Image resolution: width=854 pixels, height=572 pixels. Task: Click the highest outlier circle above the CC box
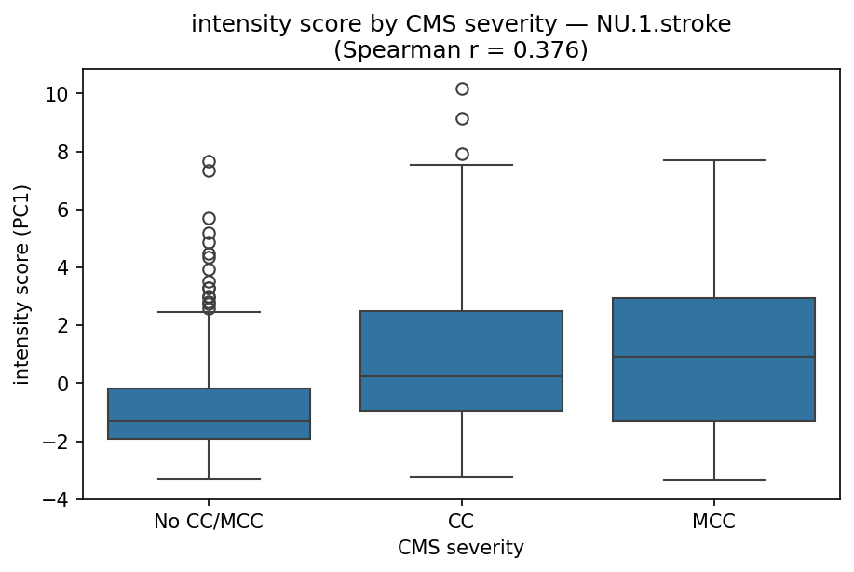462,89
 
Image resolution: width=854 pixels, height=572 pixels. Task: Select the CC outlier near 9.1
462,118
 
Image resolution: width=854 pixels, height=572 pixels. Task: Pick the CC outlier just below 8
462,154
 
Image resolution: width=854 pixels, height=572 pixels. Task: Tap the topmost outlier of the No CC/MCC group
209,162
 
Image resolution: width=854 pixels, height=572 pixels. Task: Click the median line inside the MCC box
713,357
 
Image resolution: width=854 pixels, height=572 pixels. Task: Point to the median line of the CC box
462,376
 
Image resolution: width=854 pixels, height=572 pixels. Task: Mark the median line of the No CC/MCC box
209,421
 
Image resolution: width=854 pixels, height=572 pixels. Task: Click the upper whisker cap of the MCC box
713,160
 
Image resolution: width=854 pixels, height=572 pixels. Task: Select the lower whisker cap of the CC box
462,477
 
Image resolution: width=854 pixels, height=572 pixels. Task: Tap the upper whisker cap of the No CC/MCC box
209,312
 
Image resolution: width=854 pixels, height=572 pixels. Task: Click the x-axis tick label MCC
713,522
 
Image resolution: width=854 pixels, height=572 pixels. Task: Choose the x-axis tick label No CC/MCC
209,522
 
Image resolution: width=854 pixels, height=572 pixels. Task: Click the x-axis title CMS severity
461,549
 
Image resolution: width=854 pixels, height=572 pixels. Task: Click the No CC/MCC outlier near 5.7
209,219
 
